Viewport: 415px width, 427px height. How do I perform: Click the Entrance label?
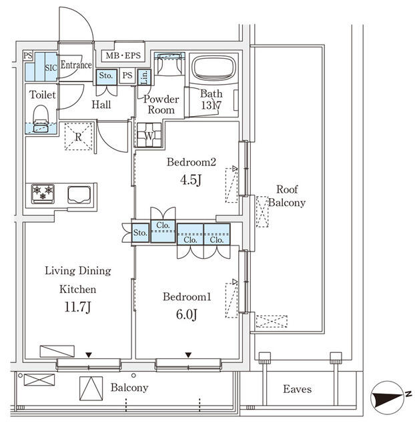pos(75,65)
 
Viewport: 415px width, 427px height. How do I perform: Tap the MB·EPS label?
pos(121,55)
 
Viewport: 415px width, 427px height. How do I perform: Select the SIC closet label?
pos(50,67)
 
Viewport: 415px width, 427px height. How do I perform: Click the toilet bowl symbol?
pos(41,116)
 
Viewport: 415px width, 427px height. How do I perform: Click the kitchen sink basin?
pos(81,194)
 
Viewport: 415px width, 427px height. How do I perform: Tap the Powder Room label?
pos(161,104)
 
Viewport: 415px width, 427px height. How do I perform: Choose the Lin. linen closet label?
pos(145,76)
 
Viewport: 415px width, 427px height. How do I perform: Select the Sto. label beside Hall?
pos(106,76)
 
